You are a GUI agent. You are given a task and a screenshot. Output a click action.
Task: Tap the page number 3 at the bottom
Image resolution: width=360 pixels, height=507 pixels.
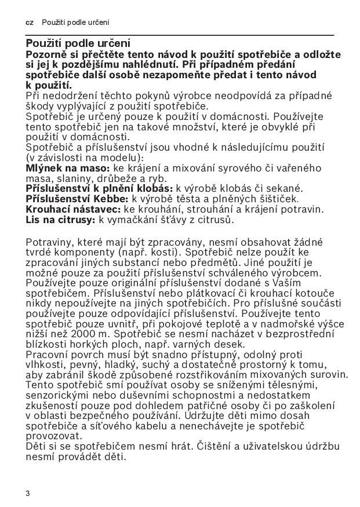[27, 493]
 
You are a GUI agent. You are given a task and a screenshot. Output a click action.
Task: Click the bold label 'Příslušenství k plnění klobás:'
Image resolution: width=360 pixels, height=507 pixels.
[99, 188]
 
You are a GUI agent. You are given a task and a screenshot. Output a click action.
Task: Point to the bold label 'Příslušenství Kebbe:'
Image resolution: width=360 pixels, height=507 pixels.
[75, 199]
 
